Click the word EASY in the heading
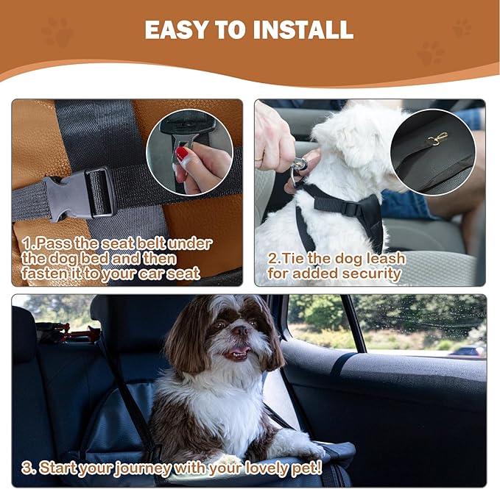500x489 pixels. pyautogui.click(x=175, y=30)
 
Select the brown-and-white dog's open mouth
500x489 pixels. pyautogui.click(x=236, y=353)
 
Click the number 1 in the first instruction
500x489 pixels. pyautogui.click(x=26, y=243)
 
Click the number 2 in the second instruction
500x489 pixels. pyautogui.click(x=272, y=259)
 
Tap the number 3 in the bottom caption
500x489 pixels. pyautogui.click(x=26, y=467)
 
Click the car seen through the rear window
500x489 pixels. pyautogui.click(x=468, y=351)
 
